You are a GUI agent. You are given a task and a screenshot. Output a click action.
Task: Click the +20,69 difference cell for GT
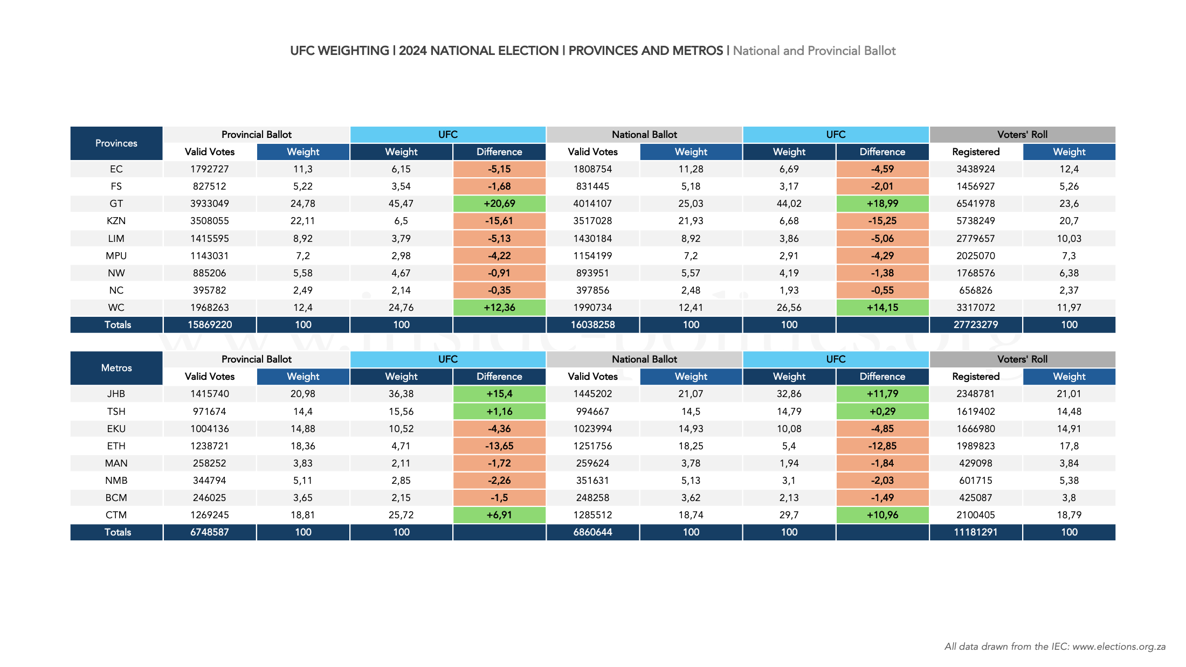pos(499,204)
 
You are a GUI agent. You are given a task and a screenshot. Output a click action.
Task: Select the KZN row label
pos(116,221)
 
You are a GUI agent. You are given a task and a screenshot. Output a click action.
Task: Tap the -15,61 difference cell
pos(499,221)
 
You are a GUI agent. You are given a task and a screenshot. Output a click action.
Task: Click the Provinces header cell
pos(116,143)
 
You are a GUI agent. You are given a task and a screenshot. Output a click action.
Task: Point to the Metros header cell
pos(116,368)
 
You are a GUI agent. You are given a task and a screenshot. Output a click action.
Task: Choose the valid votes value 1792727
pos(209,169)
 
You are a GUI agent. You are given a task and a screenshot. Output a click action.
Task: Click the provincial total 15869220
pos(209,325)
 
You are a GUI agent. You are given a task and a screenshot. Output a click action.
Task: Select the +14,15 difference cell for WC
pos(882,308)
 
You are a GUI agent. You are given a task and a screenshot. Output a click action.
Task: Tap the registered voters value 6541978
pos(975,204)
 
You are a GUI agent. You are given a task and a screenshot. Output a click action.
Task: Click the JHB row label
pos(116,394)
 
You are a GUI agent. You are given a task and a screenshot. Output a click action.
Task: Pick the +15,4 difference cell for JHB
pos(499,394)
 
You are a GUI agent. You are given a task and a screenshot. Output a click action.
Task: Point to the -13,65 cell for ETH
pos(499,446)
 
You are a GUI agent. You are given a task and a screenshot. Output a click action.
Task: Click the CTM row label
pos(116,515)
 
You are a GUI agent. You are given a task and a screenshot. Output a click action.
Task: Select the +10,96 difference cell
pos(882,515)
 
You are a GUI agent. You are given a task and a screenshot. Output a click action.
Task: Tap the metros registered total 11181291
pos(975,532)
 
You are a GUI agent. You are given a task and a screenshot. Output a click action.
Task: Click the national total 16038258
pos(592,325)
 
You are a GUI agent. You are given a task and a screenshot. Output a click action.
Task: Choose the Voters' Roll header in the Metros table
pos(1022,359)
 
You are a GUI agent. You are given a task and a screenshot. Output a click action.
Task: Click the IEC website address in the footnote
pos(1119,647)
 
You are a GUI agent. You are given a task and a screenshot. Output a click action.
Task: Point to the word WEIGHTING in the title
pos(353,51)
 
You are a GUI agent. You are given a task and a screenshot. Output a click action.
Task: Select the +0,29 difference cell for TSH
pos(882,412)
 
